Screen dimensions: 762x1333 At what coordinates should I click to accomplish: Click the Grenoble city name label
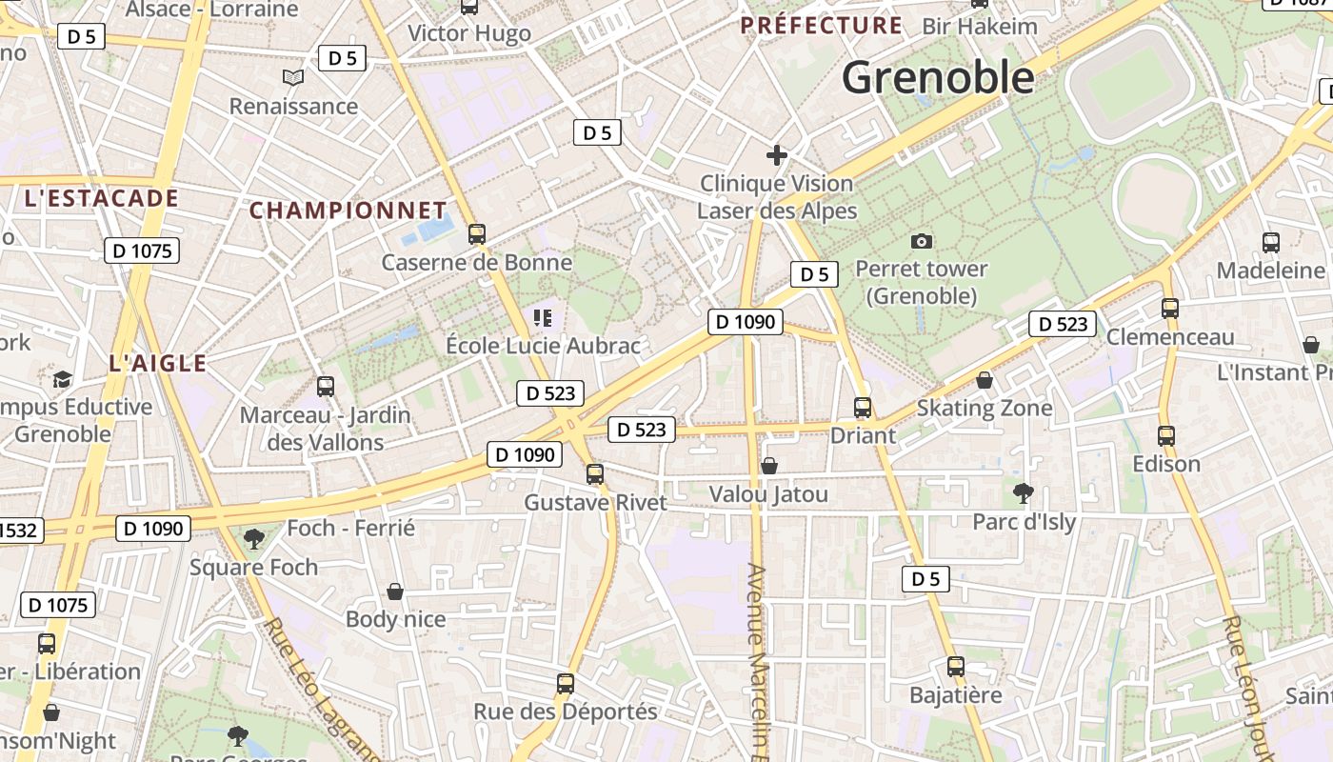(938, 77)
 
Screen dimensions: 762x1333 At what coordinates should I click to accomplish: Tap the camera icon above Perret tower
(921, 241)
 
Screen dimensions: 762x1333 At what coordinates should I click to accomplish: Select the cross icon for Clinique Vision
(777, 154)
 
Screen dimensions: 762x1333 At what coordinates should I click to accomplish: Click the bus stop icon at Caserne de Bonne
(477, 233)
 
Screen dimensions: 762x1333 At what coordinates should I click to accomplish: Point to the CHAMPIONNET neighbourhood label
(348, 211)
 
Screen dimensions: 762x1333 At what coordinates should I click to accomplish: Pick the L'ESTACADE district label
(101, 198)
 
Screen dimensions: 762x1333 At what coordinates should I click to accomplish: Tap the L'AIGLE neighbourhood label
(158, 363)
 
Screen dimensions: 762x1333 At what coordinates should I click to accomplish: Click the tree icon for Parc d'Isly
(1024, 492)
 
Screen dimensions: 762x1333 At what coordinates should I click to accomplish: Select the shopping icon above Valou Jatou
(769, 466)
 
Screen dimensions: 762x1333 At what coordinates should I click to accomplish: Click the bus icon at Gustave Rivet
(595, 473)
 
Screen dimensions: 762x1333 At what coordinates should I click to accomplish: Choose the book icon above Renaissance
(293, 77)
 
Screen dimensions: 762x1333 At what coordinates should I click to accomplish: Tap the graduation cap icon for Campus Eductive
(63, 379)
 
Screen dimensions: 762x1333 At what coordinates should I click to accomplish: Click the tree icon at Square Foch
(253, 539)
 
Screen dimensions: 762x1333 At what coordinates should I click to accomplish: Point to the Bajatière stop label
(956, 694)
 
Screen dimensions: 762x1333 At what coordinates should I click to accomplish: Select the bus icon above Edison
(1166, 435)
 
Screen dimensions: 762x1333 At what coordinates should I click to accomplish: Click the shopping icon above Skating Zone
(985, 380)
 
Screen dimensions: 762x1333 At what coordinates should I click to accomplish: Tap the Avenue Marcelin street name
(758, 657)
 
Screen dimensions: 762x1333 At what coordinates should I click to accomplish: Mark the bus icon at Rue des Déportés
(566, 683)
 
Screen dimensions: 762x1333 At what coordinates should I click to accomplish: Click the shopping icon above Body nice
(395, 592)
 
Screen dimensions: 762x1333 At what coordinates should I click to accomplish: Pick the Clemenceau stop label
(1169, 336)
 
